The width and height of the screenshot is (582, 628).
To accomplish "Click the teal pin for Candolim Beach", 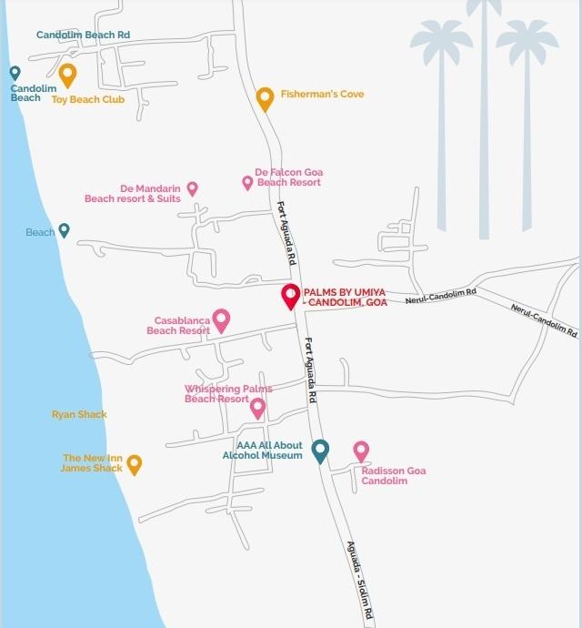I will point(15,73).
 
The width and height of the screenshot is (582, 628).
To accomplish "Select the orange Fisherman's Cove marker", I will point(265,97).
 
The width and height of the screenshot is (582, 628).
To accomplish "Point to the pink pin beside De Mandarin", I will point(192,188).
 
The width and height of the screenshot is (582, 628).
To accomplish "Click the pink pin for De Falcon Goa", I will point(247,183).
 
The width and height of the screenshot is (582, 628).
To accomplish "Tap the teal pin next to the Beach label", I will point(64,230).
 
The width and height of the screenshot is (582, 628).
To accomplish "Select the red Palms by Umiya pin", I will point(291,296).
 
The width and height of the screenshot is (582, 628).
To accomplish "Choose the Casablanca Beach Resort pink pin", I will point(221,319).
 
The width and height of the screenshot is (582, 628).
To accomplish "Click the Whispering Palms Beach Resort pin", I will point(258,408).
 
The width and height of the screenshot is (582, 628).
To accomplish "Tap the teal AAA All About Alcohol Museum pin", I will point(320,450).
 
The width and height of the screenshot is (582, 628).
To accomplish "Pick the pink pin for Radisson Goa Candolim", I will point(361,450).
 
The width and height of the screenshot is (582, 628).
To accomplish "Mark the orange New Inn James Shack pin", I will point(134,464).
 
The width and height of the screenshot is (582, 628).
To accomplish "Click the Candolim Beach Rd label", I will point(83,35).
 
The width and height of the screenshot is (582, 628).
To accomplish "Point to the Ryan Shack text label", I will point(79,415).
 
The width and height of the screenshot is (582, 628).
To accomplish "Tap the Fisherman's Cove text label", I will point(322,95).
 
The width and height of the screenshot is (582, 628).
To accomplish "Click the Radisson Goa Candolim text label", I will point(393,476).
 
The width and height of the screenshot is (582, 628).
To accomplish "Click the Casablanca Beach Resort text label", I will point(182,326).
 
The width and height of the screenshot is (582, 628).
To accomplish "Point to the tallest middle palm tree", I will point(484,109).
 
